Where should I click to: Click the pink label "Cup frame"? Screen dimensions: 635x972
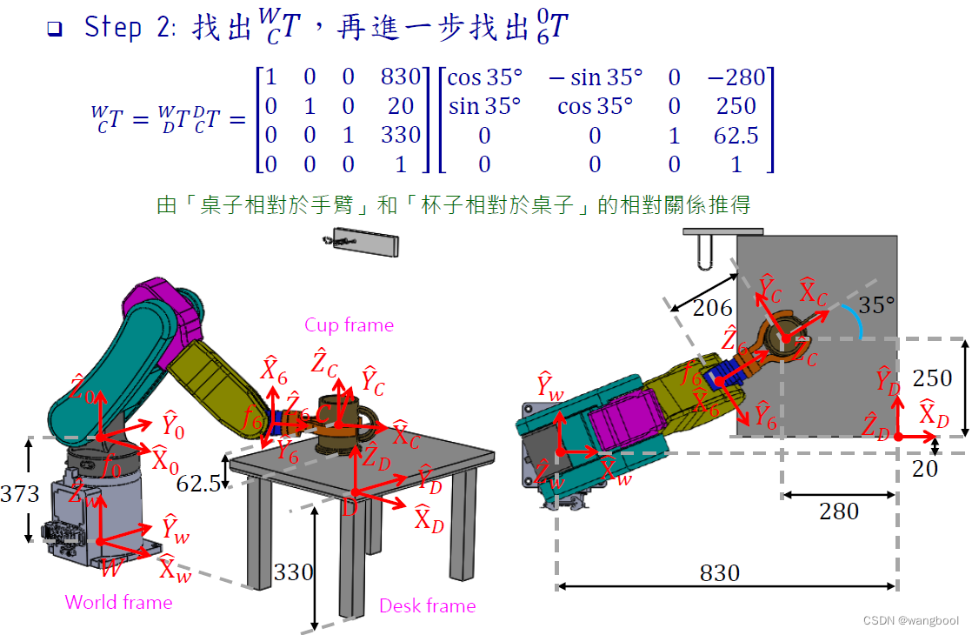click(x=349, y=325)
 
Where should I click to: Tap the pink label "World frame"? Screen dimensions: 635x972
click(x=118, y=602)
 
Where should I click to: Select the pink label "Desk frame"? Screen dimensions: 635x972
click(x=427, y=605)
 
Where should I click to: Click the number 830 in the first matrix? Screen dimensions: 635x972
click(x=401, y=77)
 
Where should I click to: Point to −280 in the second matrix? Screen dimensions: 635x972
click(x=736, y=77)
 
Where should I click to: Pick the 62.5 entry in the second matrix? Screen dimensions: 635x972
click(x=736, y=136)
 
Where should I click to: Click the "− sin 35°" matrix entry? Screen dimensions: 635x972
click(x=596, y=77)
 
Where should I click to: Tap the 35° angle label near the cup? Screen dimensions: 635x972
click(x=876, y=304)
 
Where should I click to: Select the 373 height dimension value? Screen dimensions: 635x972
click(x=20, y=494)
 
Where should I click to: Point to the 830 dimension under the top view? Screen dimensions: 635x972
click(x=720, y=572)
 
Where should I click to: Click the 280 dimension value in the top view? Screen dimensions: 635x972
click(x=839, y=511)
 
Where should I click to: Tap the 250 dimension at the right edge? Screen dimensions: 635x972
click(x=932, y=378)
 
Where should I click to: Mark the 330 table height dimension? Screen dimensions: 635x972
click(x=292, y=572)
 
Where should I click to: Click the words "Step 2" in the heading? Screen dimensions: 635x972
click(x=113, y=28)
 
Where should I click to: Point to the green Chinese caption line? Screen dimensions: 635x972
click(x=453, y=206)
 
